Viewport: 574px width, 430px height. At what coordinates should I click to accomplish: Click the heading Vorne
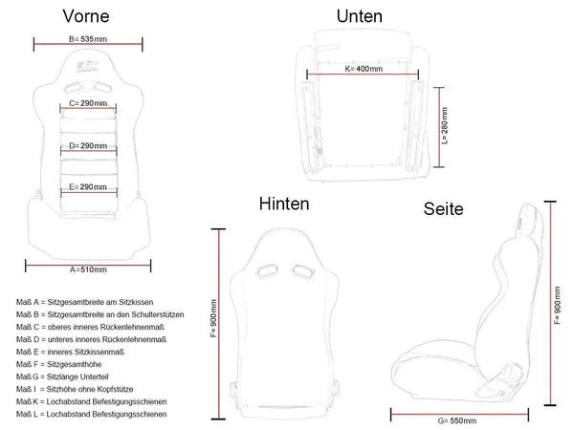(86, 16)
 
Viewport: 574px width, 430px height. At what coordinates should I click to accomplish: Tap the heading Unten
(360, 16)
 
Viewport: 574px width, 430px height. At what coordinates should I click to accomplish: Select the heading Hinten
(284, 204)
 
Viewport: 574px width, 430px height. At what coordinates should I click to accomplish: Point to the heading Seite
(443, 208)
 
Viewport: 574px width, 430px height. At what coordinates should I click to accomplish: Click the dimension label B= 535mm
(88, 39)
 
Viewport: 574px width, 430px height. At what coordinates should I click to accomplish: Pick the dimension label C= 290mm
(88, 103)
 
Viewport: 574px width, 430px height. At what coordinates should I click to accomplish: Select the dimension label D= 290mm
(88, 145)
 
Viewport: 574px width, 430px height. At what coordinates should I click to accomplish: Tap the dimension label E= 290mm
(88, 187)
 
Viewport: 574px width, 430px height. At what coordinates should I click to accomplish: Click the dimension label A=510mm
(88, 269)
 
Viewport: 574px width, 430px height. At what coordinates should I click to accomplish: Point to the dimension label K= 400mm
(364, 69)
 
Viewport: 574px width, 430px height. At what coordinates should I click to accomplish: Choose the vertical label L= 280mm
(445, 125)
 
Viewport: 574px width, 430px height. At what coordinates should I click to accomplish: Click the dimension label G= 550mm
(457, 420)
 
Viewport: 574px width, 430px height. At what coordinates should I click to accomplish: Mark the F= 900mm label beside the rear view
(213, 318)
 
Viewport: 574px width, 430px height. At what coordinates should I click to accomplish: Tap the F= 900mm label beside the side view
(557, 306)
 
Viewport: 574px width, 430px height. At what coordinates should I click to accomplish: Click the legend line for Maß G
(62, 377)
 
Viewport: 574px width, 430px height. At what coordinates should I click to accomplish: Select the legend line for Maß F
(59, 365)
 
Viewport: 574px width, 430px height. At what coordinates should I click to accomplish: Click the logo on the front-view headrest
(87, 66)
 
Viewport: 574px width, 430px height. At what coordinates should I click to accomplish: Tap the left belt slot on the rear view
(267, 271)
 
